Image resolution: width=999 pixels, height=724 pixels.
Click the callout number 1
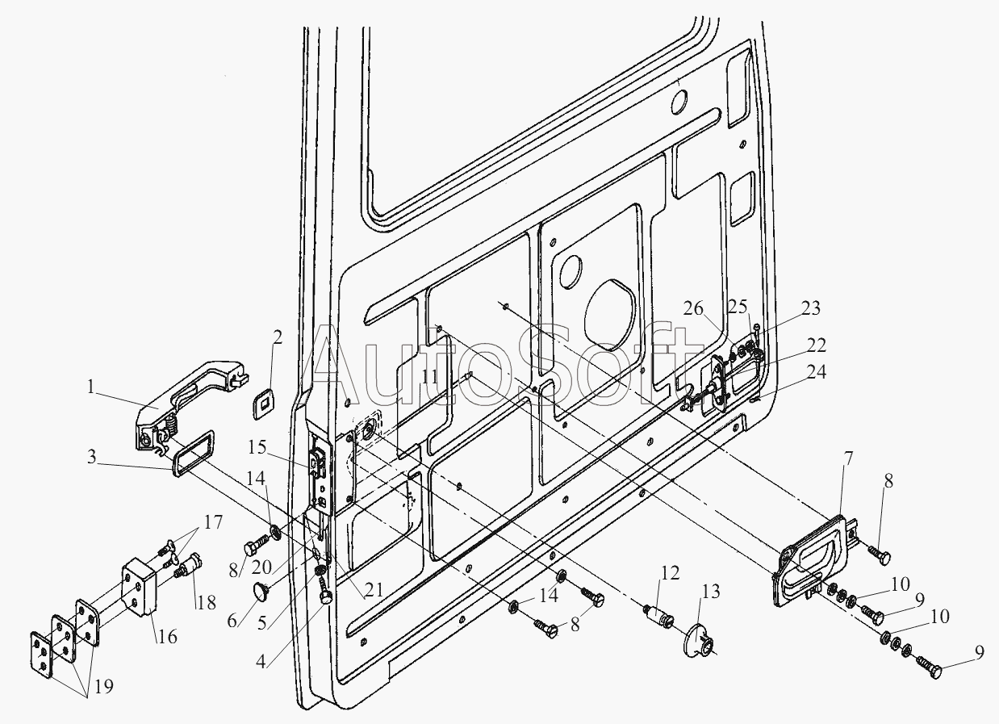[x=91, y=387]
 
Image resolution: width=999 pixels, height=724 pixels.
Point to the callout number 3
[x=91, y=457]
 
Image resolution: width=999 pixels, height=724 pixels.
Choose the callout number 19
[x=104, y=686]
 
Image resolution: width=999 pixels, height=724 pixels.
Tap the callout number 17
[x=213, y=521]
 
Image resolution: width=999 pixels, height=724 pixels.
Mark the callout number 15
[x=257, y=447]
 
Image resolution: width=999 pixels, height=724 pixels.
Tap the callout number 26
[x=693, y=308]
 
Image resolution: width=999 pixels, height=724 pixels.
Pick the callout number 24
[x=817, y=371]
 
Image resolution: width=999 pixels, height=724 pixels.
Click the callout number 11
[x=430, y=377]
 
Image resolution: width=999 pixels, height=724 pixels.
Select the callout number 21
[x=374, y=590]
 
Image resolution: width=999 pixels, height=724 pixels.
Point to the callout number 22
[x=817, y=345]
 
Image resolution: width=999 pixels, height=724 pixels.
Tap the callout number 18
[x=206, y=603]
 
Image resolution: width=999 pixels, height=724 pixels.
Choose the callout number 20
[x=261, y=567]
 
